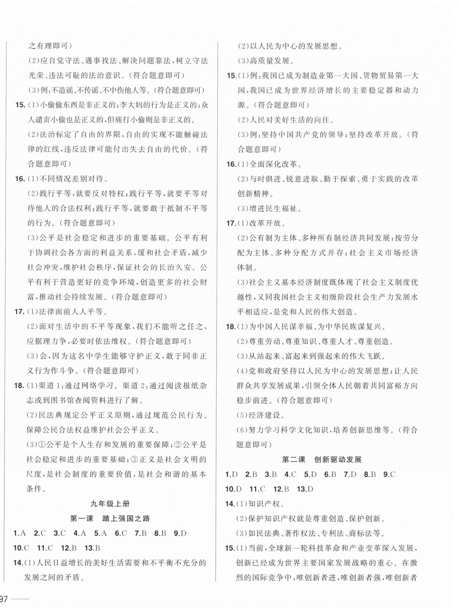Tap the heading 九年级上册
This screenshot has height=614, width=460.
pos(110,504)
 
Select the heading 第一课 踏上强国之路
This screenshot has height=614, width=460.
pos(110,518)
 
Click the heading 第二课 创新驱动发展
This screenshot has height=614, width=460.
pos(322,459)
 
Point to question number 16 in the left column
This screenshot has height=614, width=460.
pos(20,179)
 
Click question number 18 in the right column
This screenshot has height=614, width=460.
pos(231,327)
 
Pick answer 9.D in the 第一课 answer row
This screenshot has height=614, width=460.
pos(180,533)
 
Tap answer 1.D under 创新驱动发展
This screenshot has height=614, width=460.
pos(231,474)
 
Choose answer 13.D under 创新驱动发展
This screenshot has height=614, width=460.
pos(305,489)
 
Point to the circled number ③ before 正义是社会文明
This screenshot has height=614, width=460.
pos(134,459)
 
